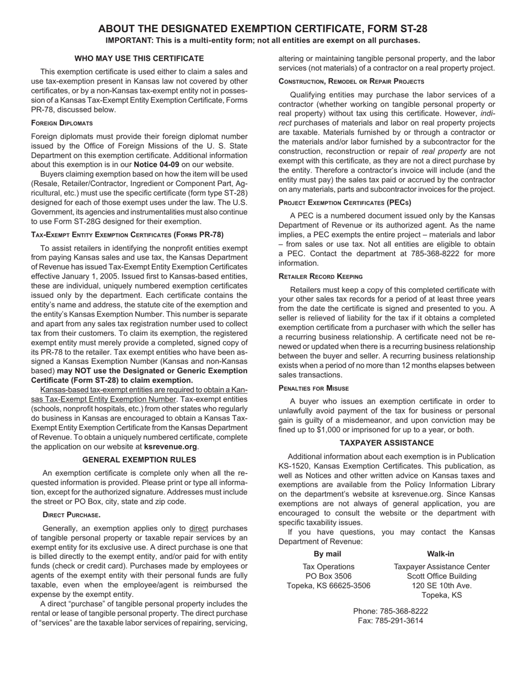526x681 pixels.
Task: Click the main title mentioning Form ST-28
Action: (x=262, y=29)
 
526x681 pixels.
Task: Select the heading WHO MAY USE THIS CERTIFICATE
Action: (x=139, y=58)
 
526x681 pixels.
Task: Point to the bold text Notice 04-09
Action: (x=156, y=164)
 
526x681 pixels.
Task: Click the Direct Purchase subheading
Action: (x=71, y=515)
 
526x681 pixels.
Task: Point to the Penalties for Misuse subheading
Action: (x=313, y=388)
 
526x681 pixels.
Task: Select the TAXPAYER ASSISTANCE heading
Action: (x=386, y=443)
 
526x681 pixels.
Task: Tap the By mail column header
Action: (x=327, y=554)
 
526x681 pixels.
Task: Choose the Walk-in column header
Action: (x=441, y=554)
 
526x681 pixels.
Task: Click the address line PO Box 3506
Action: (x=328, y=576)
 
